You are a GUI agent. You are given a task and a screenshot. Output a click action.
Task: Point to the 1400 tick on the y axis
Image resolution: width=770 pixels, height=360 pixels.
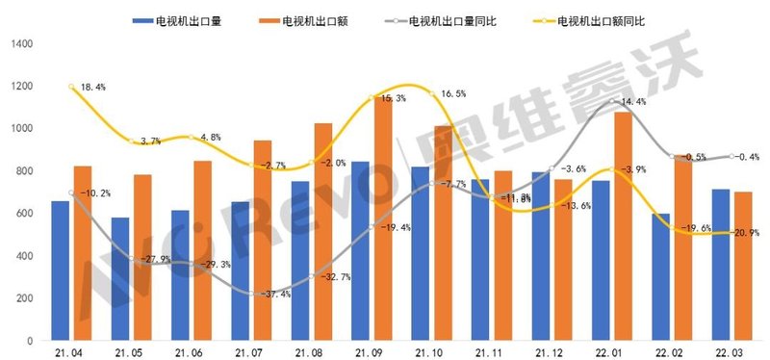point(21,44)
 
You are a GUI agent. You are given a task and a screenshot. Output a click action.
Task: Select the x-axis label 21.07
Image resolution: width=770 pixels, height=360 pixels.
point(254,352)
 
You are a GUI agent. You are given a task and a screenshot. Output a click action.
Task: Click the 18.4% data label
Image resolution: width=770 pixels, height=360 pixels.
point(93,88)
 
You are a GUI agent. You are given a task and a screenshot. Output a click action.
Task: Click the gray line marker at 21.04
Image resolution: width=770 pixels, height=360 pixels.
point(72,193)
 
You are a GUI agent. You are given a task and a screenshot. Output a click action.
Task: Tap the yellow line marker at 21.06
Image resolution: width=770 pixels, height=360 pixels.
point(192,138)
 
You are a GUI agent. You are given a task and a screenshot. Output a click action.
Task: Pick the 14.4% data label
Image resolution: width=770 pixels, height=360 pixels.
point(632,101)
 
